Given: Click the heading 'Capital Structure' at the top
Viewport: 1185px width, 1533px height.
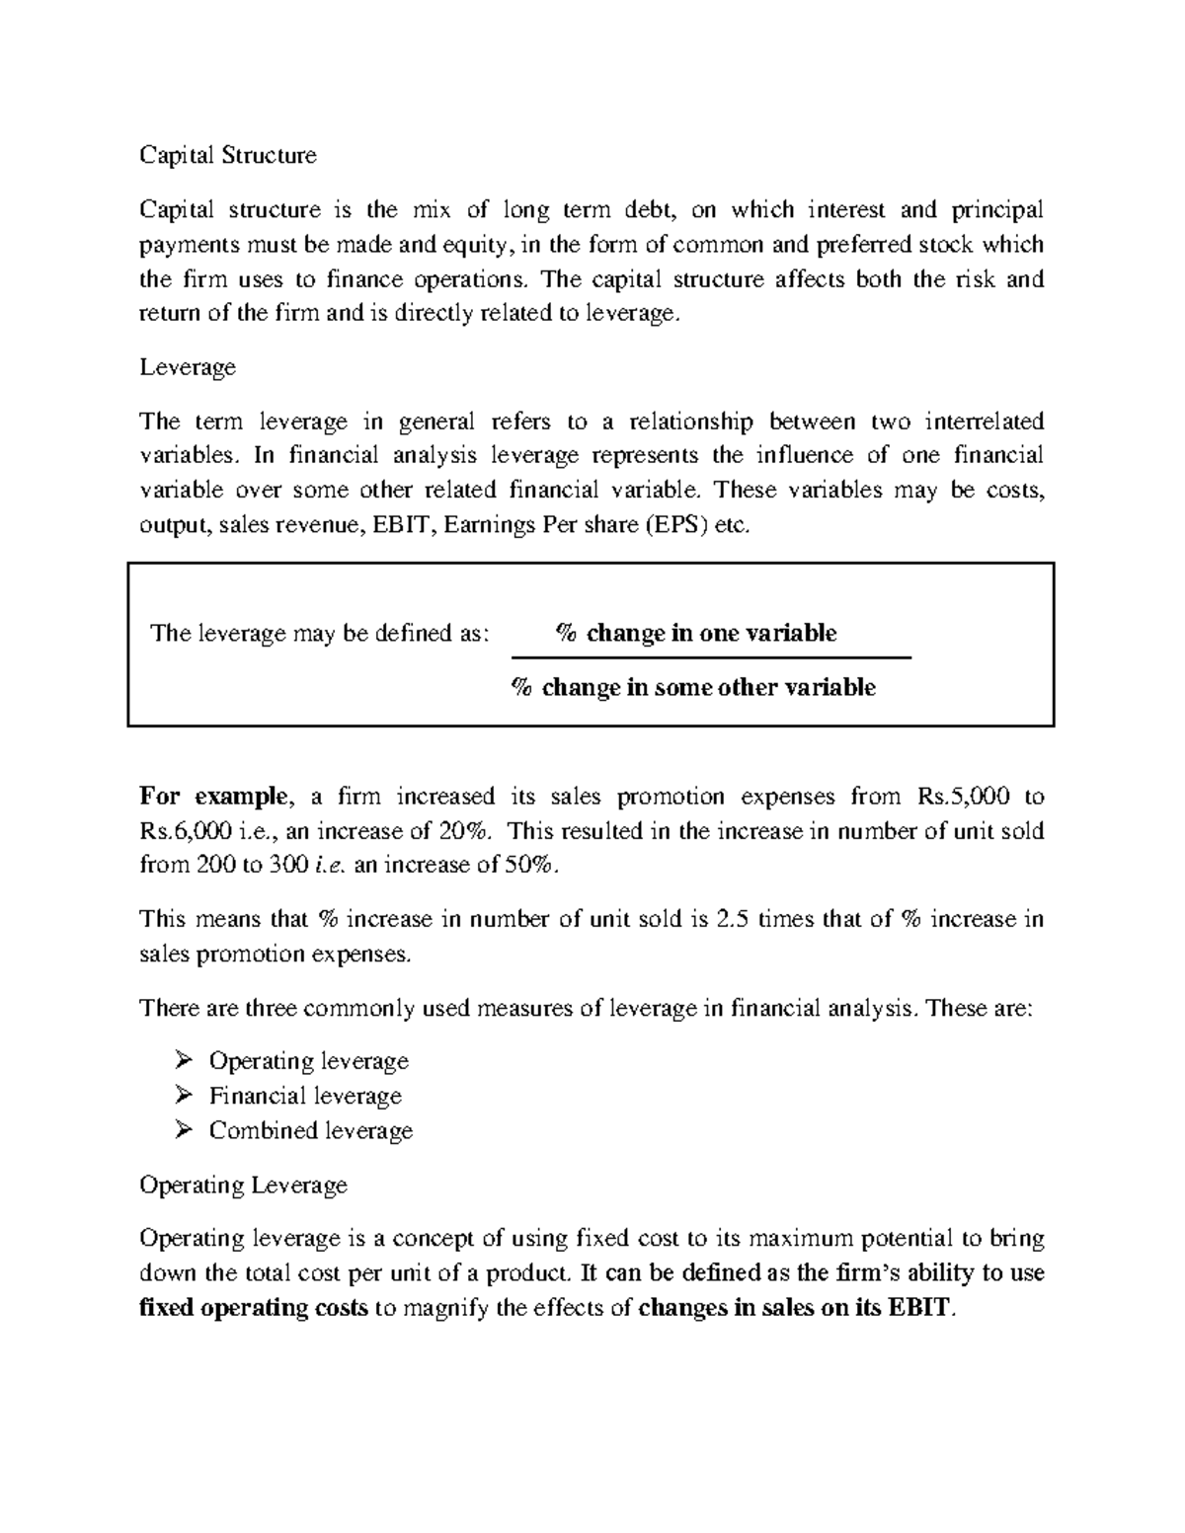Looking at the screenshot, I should coord(228,155).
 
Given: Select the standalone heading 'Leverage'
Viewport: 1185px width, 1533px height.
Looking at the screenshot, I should coord(188,367).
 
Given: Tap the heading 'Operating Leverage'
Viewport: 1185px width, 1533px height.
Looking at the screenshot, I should coord(243,1185).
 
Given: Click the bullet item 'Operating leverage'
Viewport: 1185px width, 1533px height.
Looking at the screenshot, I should coord(308,1061).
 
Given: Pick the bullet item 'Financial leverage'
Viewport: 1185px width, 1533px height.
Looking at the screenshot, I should coord(305,1096).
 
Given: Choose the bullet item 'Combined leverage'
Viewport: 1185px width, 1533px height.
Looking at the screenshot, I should coord(310,1130).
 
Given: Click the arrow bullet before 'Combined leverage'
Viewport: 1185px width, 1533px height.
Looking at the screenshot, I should coord(182,1130).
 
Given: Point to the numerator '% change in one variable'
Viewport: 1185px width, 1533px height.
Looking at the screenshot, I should coord(696,633).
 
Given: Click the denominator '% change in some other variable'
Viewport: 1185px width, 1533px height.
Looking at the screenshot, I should coord(692,687).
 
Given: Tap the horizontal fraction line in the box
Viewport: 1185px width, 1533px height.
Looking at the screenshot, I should coord(710,657).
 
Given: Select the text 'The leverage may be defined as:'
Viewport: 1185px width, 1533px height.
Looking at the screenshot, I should coord(319,633).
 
